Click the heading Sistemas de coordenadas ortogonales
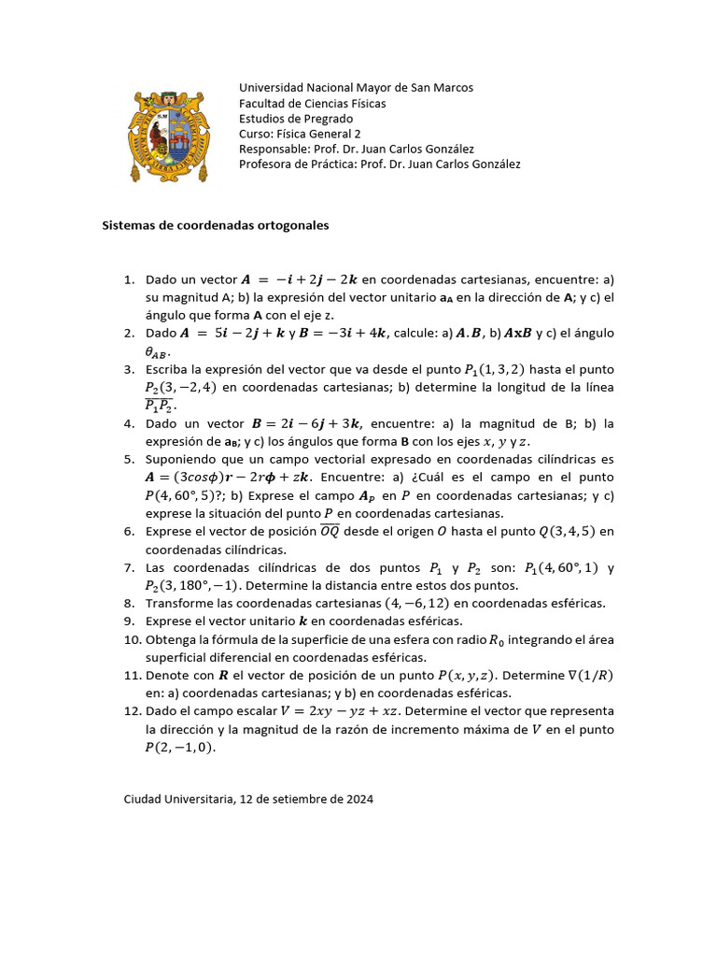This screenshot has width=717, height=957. tap(215, 226)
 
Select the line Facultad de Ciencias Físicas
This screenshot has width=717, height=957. tap(312, 103)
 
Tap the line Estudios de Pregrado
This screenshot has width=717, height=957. tap(296, 119)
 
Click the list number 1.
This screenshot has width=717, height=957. tap(130, 279)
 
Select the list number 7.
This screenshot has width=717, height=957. tap(130, 567)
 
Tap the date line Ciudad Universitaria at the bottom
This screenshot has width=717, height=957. tap(248, 800)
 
